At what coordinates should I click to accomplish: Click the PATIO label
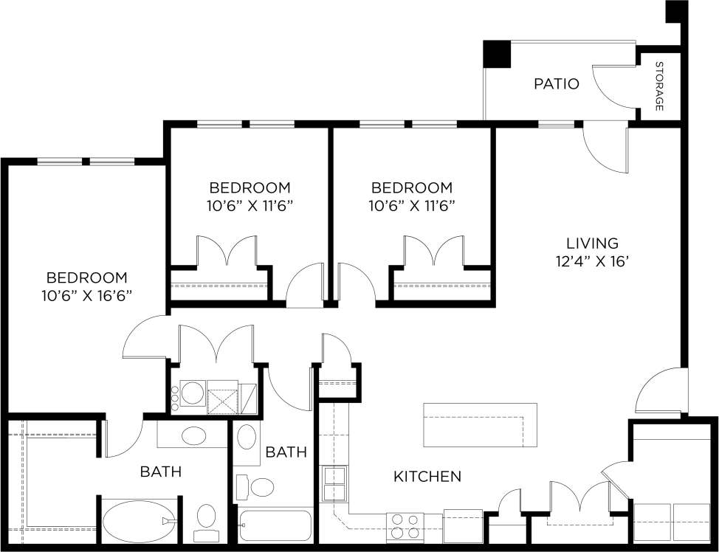point(556,84)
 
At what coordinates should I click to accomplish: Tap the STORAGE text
point(659,87)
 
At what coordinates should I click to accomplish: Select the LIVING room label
point(591,243)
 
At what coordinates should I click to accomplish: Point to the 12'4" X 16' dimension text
point(591,261)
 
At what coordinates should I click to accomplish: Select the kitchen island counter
point(480,425)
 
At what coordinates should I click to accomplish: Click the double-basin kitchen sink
point(335,484)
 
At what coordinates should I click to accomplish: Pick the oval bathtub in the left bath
point(134,521)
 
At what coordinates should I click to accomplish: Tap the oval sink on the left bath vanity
point(194,435)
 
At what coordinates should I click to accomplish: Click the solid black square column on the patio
point(497,54)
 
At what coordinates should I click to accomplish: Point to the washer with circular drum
point(193,394)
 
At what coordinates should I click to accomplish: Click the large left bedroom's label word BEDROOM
point(86,278)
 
